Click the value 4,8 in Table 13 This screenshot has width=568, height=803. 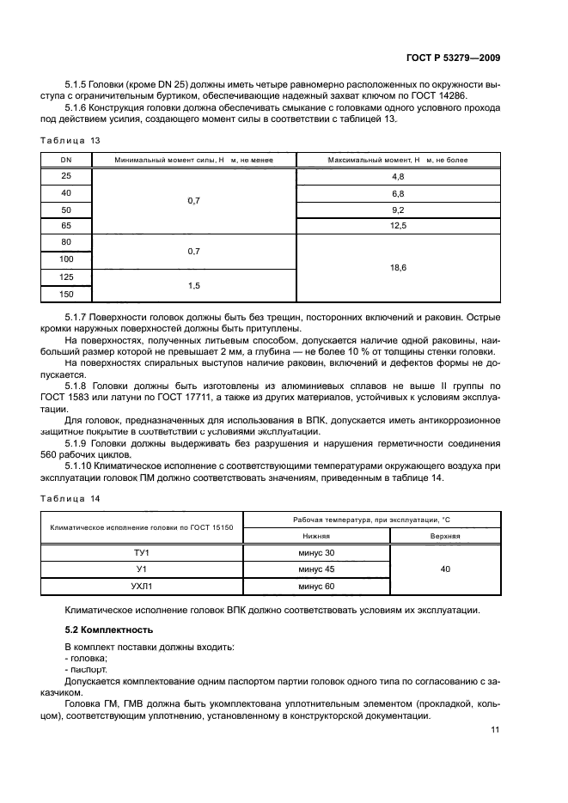click(398, 176)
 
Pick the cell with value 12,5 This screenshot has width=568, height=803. click(398, 226)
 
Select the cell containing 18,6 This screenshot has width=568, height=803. click(398, 268)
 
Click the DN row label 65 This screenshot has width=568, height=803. click(66, 226)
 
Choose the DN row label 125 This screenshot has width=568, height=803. click(66, 277)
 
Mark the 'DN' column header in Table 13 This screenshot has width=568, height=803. click(66, 160)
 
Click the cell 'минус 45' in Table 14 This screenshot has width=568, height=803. click(316, 569)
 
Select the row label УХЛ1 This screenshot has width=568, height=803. click(142, 586)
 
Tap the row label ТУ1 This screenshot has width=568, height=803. click(142, 552)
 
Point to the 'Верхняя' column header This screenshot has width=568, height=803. click(444, 535)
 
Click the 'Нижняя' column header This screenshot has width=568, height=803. click(316, 535)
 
